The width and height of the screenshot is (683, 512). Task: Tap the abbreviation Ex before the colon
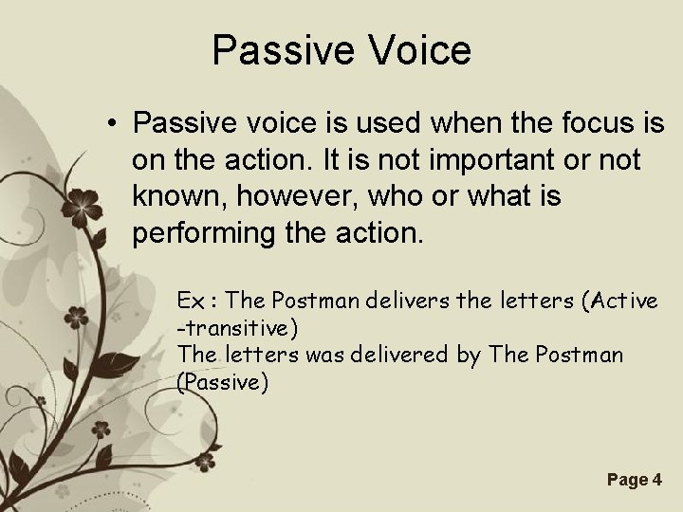click(x=190, y=301)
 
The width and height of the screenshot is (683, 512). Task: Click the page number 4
click(x=657, y=481)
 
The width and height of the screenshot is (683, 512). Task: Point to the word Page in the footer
click(x=624, y=481)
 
